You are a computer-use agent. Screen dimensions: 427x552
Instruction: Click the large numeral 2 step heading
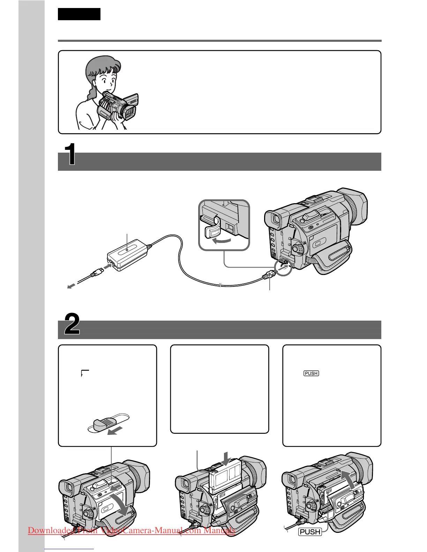point(72,324)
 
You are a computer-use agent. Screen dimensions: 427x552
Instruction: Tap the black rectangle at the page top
point(79,14)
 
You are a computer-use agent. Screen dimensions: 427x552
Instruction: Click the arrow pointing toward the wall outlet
point(71,286)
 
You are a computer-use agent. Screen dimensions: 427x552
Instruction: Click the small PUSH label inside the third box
point(311,374)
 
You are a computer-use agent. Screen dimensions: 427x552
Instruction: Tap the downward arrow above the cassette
point(226,457)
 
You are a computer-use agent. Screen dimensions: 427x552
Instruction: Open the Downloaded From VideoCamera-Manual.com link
point(132,530)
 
